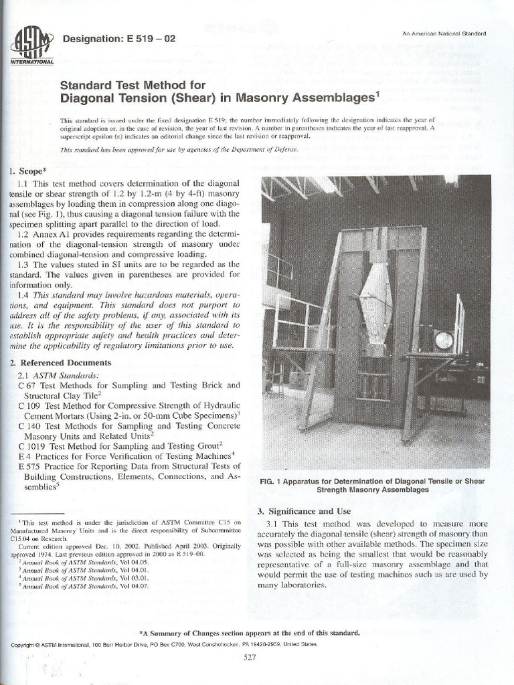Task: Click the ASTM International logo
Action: coord(31,45)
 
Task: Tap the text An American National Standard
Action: coord(444,33)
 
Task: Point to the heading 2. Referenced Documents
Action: coord(61,363)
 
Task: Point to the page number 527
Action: coord(250,658)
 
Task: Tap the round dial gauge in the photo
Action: coord(443,340)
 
